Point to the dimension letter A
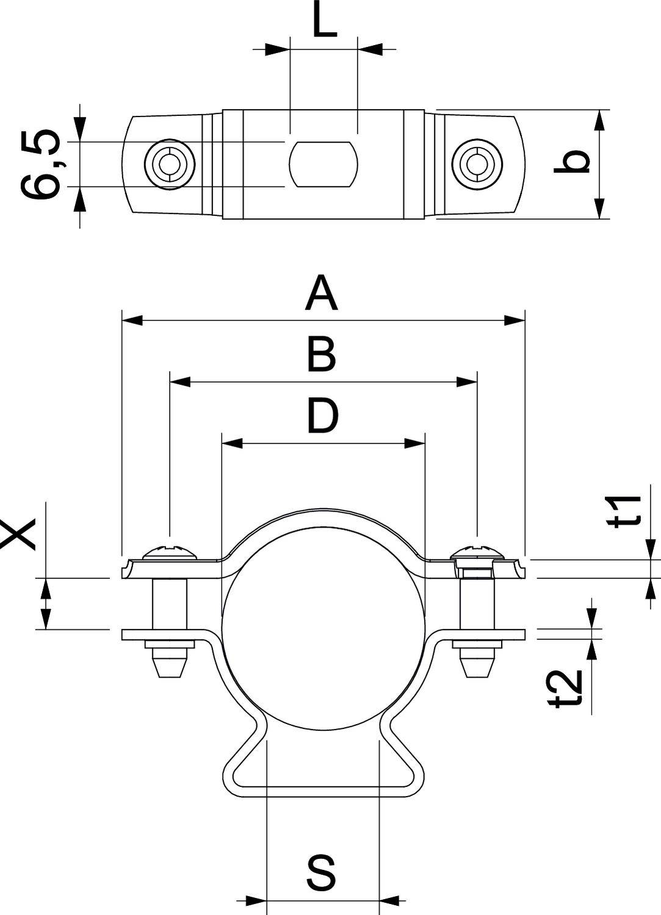tap(322, 293)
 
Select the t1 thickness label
tap(629, 511)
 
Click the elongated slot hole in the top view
tap(323, 164)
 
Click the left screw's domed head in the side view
tap(170, 553)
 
